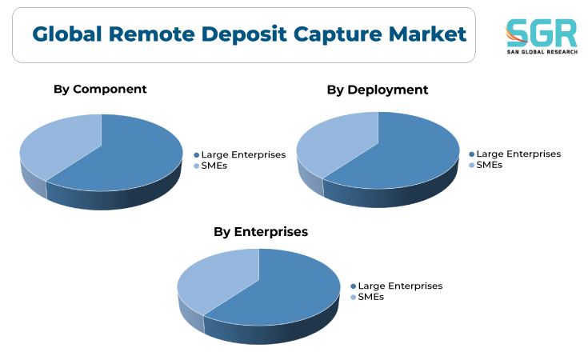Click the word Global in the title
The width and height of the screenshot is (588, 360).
(x=67, y=34)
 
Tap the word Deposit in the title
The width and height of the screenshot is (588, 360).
(x=244, y=34)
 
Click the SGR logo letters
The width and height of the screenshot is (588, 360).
(x=542, y=33)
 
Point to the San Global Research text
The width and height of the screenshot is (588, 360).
(x=542, y=52)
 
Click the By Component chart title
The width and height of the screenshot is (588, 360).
(x=100, y=90)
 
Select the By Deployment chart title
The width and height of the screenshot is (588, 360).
(x=378, y=90)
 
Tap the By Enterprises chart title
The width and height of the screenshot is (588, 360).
(x=261, y=232)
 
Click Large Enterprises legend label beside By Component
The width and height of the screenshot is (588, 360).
(x=243, y=155)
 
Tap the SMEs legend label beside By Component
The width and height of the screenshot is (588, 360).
(x=214, y=166)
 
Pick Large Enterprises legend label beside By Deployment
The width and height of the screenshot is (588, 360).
(x=518, y=154)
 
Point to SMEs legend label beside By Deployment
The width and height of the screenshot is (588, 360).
(x=490, y=165)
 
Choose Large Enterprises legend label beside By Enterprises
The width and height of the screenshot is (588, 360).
(x=400, y=286)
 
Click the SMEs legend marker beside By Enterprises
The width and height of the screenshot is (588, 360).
(x=354, y=298)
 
